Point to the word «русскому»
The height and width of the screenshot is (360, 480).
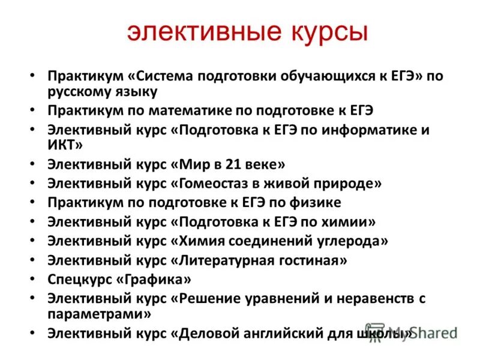click(78, 92)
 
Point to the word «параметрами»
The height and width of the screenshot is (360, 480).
click(99, 313)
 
